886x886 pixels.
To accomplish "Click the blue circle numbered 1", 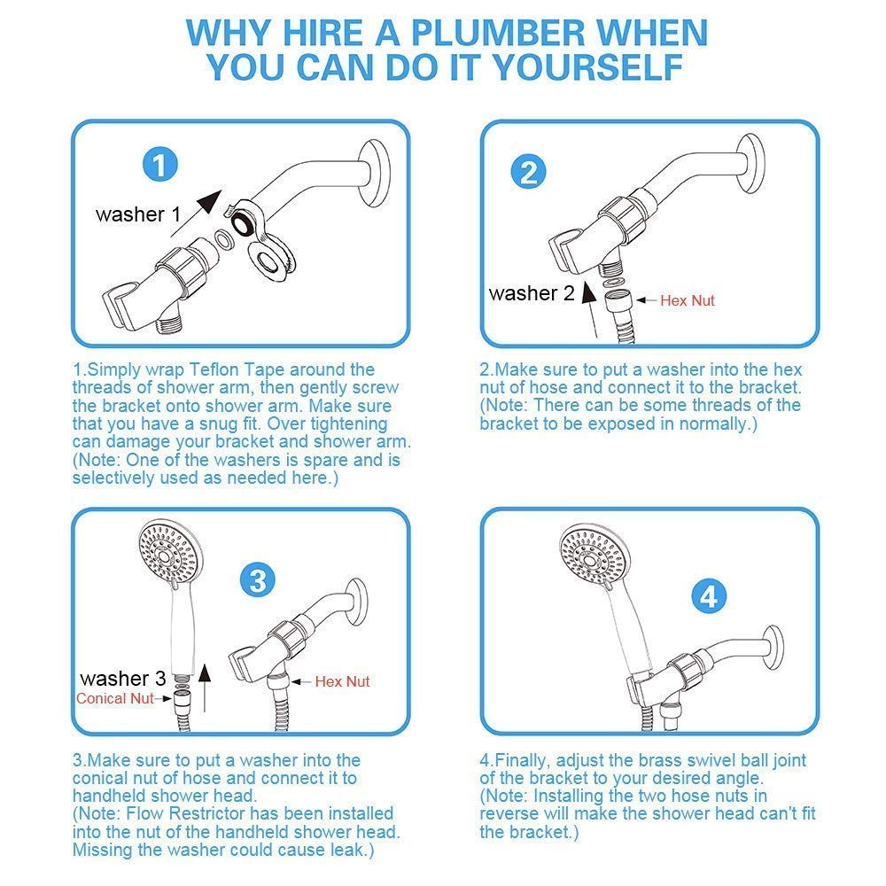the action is coord(159,164).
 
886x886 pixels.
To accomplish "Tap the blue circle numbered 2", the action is coord(528,172).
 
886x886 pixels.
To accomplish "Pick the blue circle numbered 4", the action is coord(709,596).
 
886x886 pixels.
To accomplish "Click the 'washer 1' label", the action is coord(138,214).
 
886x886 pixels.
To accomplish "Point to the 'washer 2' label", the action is coord(532,293).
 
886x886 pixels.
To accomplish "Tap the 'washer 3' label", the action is coord(123,678).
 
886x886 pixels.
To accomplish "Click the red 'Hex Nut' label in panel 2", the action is coord(688,300).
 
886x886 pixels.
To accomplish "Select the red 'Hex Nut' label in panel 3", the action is coord(342,681).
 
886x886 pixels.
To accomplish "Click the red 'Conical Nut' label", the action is coord(114,698).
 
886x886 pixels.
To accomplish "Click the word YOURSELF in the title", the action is coord(588,68).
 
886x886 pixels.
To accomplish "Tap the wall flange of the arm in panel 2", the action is coord(751,163).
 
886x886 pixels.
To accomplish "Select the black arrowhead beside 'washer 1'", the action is coord(209,200).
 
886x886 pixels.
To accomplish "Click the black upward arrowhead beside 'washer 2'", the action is coord(588,292).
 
